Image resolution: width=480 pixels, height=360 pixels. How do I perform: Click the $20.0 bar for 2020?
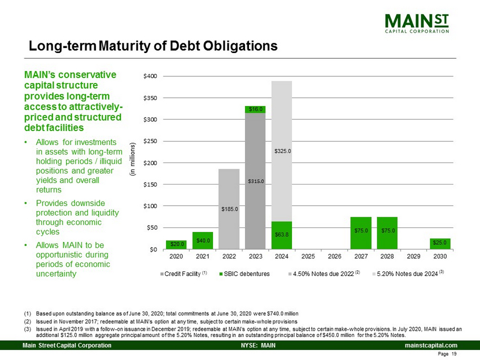176,244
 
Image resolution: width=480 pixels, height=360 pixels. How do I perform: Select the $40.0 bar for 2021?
203,240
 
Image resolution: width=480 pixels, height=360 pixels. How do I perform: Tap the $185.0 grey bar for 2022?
229,209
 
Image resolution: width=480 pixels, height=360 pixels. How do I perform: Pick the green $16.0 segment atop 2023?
255,109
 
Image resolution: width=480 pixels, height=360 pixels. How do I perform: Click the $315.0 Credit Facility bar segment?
255,181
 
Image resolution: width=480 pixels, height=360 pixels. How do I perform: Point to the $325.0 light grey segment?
281,151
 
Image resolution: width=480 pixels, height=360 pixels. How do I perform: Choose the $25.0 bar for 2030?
439,244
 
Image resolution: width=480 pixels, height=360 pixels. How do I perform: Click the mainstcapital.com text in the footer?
430,345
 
